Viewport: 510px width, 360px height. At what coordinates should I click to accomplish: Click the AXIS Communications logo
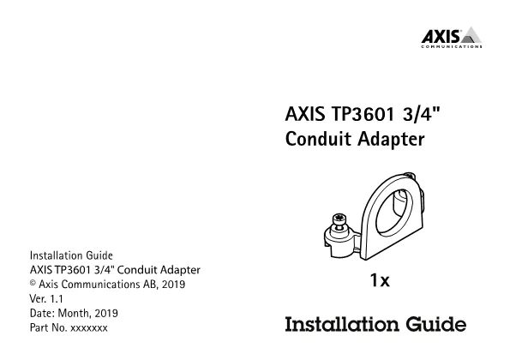click(452, 37)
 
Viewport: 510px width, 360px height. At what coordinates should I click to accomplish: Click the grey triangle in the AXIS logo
click(471, 35)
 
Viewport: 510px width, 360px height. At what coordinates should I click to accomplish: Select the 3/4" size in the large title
click(421, 114)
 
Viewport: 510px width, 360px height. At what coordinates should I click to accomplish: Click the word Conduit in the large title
click(318, 139)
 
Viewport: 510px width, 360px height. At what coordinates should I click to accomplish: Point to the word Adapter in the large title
click(391, 140)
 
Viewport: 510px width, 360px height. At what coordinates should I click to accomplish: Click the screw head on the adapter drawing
click(339, 219)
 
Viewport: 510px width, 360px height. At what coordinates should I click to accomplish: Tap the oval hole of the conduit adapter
click(394, 212)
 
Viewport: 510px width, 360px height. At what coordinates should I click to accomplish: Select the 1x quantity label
click(380, 280)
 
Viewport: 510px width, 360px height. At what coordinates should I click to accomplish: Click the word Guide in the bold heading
click(435, 324)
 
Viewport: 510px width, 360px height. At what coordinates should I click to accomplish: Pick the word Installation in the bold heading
click(342, 324)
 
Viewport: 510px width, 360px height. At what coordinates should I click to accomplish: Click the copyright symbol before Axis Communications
click(33, 283)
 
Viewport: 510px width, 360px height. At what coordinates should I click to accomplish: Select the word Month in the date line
click(74, 313)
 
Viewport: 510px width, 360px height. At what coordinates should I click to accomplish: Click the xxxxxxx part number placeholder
click(89, 327)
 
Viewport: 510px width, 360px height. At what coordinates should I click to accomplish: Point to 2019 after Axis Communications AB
click(173, 285)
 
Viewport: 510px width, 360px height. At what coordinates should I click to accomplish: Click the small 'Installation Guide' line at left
click(71, 255)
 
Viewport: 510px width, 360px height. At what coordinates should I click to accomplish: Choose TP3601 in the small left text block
click(73, 270)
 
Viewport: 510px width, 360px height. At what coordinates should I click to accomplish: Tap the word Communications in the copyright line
click(100, 285)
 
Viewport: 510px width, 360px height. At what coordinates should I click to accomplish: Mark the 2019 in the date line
click(106, 313)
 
